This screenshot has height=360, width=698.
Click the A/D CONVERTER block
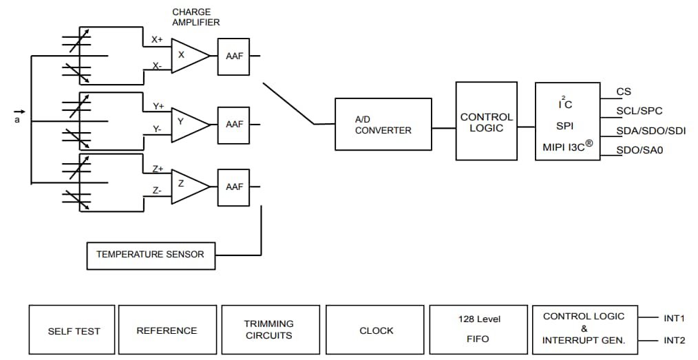[x=383, y=124]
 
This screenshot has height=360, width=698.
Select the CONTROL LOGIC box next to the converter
[x=486, y=121]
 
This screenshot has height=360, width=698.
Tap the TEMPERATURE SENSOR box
[x=150, y=255]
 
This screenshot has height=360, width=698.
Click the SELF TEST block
[x=74, y=330]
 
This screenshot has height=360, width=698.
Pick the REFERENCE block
[x=167, y=330]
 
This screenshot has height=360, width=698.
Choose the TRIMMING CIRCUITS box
[x=268, y=330]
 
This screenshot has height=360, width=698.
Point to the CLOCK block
[x=376, y=330]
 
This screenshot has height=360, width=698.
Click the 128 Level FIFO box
[x=479, y=330]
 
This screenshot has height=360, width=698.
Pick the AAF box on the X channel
[x=234, y=56]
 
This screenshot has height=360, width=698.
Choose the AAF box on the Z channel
[x=234, y=187]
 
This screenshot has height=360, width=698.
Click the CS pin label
[x=623, y=92]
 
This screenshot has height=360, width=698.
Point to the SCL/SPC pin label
[x=639, y=111]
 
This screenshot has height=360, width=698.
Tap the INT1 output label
[x=674, y=318]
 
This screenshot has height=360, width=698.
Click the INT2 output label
[x=674, y=340]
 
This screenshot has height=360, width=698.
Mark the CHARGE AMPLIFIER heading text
[x=195, y=17]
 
